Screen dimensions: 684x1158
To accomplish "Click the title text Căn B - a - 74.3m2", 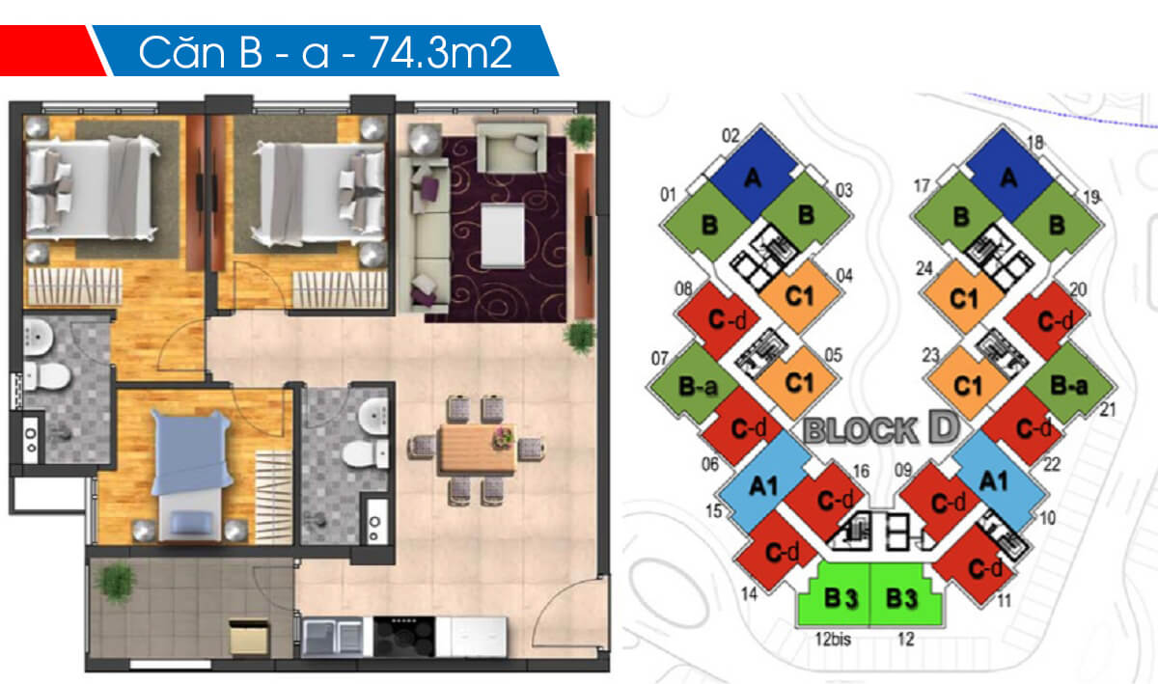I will coord(324,52).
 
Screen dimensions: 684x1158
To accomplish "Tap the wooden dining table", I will coord(475,450).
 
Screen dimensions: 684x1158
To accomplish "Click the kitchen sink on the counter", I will coord(333,637).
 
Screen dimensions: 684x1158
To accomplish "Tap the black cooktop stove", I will coord(403,637).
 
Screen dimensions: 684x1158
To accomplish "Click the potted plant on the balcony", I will coord(118,582).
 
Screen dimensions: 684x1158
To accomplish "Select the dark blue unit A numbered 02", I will coord(751,175).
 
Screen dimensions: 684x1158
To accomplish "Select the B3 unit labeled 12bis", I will coord(836,598).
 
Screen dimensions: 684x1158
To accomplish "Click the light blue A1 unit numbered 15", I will coord(764,485).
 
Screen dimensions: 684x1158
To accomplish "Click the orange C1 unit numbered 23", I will coord(965,384).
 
